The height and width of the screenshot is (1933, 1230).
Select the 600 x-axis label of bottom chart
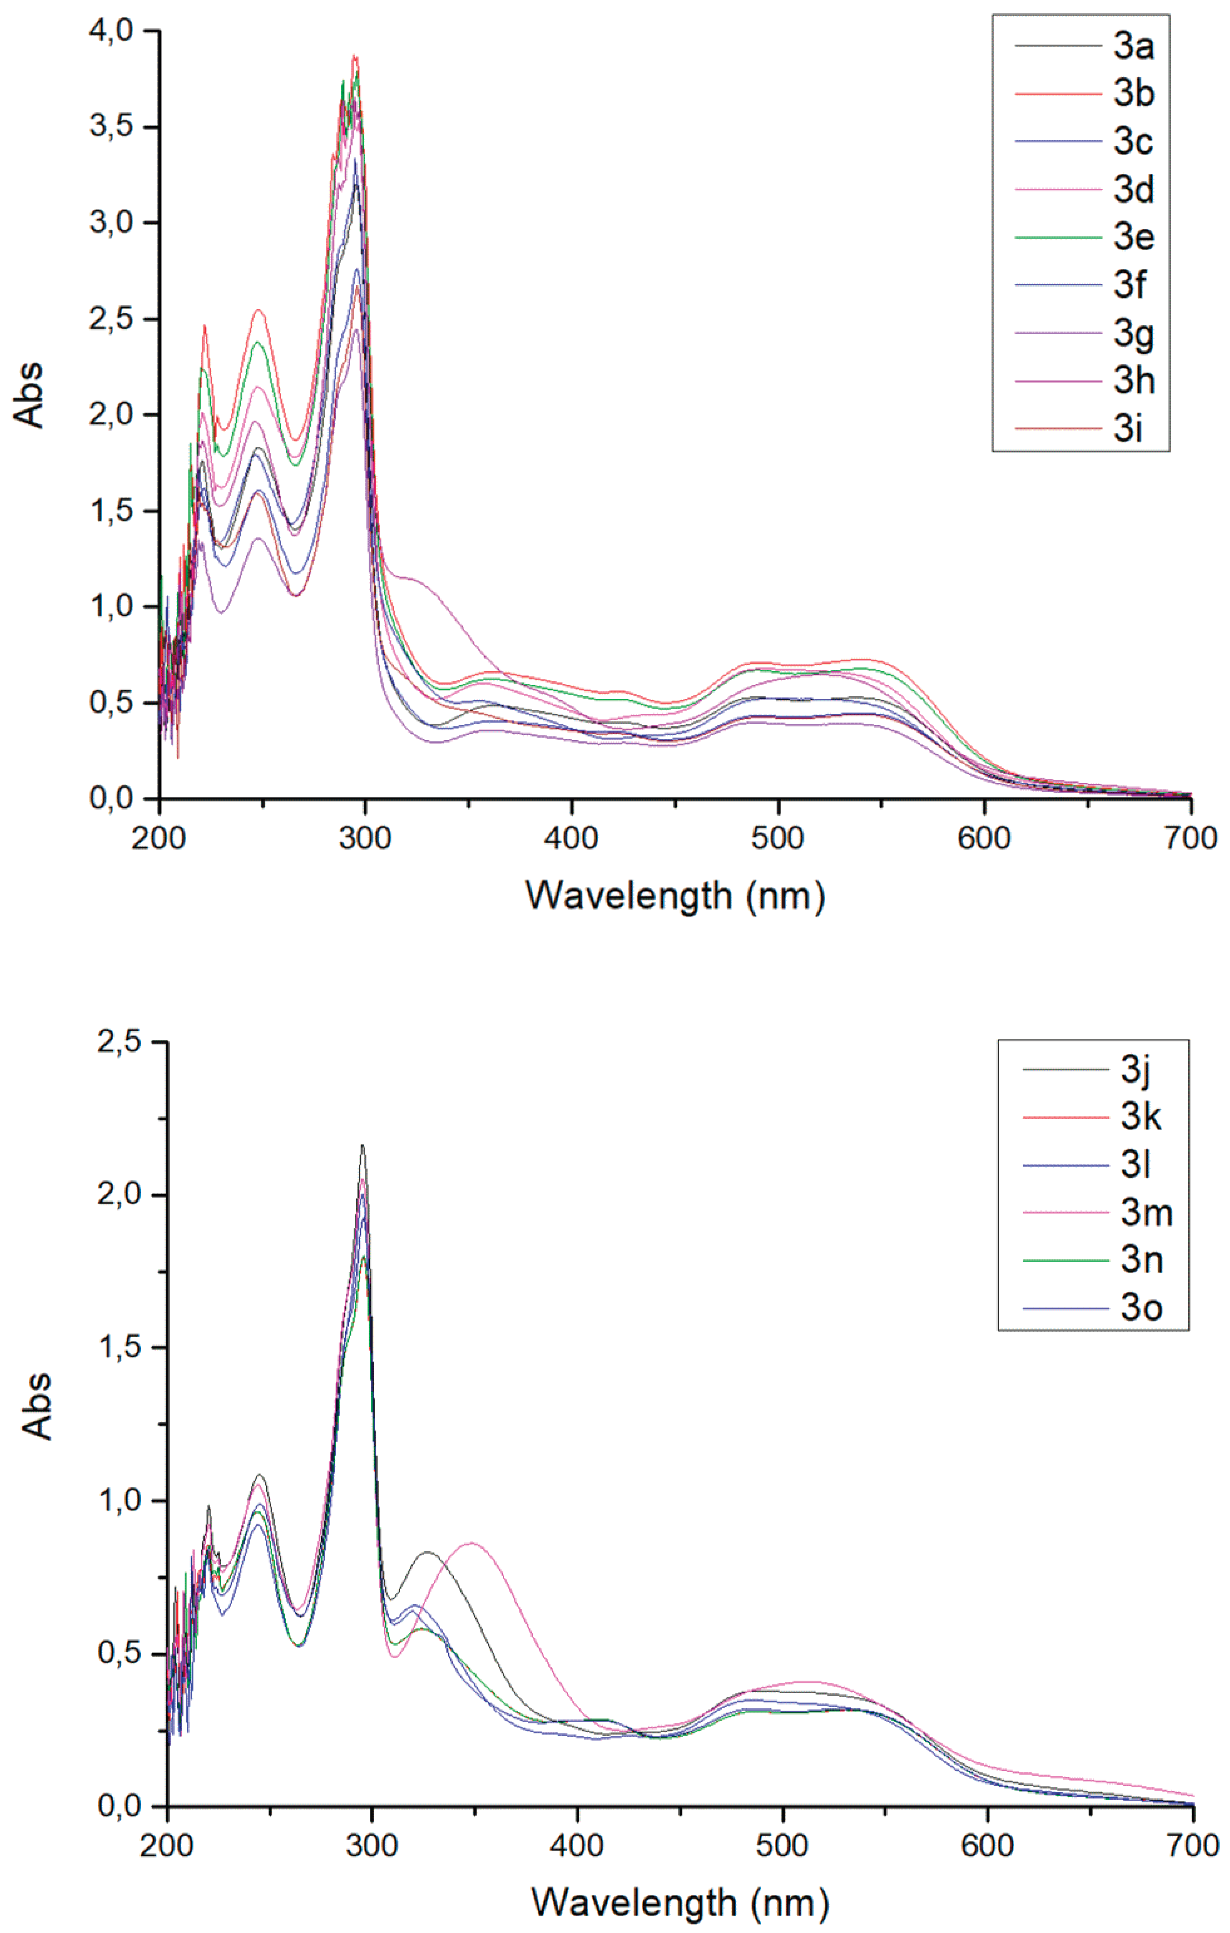[987, 1846]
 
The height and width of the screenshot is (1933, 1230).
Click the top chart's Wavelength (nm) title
[674, 895]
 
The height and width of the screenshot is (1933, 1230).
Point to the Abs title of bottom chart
[36, 1406]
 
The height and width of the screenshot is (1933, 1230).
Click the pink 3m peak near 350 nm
[472, 1543]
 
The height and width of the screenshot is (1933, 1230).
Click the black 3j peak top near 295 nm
[362, 1146]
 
